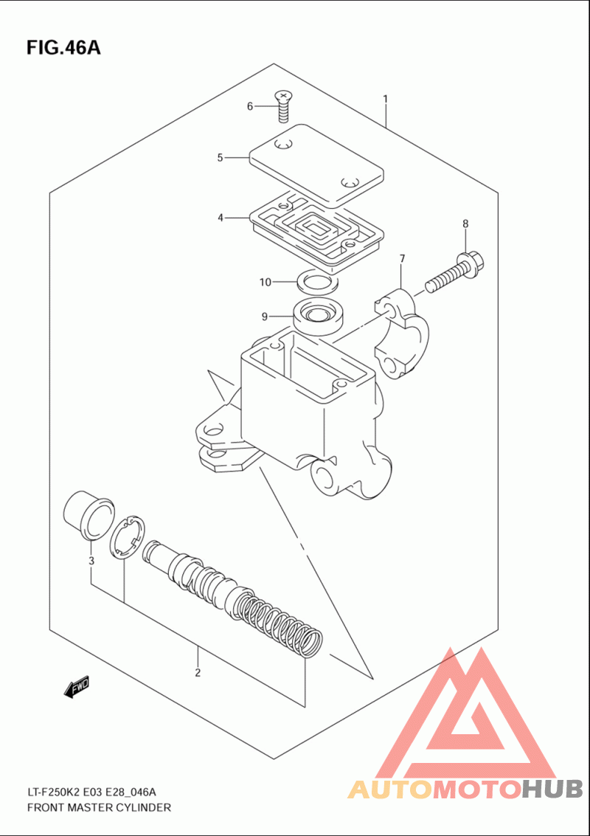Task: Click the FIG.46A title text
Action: pyautogui.click(x=63, y=48)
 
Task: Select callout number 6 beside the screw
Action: pyautogui.click(x=250, y=107)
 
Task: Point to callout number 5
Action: pyautogui.click(x=220, y=157)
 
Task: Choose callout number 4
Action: pyautogui.click(x=220, y=218)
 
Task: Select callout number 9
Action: pyautogui.click(x=264, y=317)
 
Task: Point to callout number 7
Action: pyautogui.click(x=402, y=259)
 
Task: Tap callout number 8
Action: pyautogui.click(x=465, y=224)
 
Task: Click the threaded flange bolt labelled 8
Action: pyautogui.click(x=454, y=274)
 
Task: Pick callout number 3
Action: pyautogui.click(x=91, y=562)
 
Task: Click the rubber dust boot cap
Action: pyautogui.click(x=89, y=514)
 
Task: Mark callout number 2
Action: pyautogui.click(x=198, y=672)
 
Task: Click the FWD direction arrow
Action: pyautogui.click(x=77, y=688)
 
